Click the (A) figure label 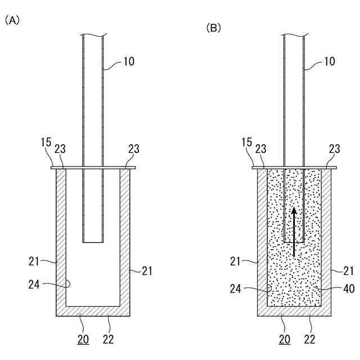pyautogui.click(x=12, y=21)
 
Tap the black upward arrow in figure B pyautogui.click(x=294, y=231)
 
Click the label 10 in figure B pyautogui.click(x=330, y=61)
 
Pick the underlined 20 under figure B pyautogui.click(x=284, y=339)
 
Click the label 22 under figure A pyautogui.click(x=109, y=339)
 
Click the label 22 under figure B pyautogui.click(x=310, y=339)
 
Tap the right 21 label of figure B pyautogui.click(x=349, y=271)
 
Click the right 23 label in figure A pyautogui.click(x=133, y=150)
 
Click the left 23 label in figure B pyautogui.click(x=260, y=150)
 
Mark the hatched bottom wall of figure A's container pyautogui.click(x=93, y=311)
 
